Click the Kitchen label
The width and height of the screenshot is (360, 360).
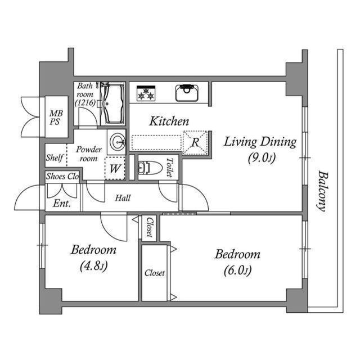click(x=169, y=121)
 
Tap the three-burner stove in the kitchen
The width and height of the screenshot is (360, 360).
click(x=146, y=93)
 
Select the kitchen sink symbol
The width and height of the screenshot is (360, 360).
click(x=187, y=93)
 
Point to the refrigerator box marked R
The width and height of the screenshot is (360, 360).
click(x=195, y=142)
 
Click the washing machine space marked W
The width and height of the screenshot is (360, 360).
click(x=115, y=168)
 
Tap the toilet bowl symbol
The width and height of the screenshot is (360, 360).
click(x=150, y=168)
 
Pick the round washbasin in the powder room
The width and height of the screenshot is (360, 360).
click(x=118, y=142)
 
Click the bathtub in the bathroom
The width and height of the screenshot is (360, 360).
click(x=114, y=103)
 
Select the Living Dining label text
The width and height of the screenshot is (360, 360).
click(x=260, y=142)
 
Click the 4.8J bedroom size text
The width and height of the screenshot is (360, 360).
click(x=94, y=266)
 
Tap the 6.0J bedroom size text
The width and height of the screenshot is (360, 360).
click(x=237, y=271)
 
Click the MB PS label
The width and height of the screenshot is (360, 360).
click(x=56, y=118)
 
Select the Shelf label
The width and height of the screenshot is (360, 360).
click(x=55, y=157)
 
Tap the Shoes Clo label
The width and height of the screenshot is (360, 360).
click(x=62, y=176)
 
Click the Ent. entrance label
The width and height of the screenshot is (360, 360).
click(x=61, y=204)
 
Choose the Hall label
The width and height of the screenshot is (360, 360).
click(x=123, y=198)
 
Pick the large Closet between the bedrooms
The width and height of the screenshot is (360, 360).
click(x=155, y=273)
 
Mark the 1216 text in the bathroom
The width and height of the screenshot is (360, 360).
click(x=85, y=103)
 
